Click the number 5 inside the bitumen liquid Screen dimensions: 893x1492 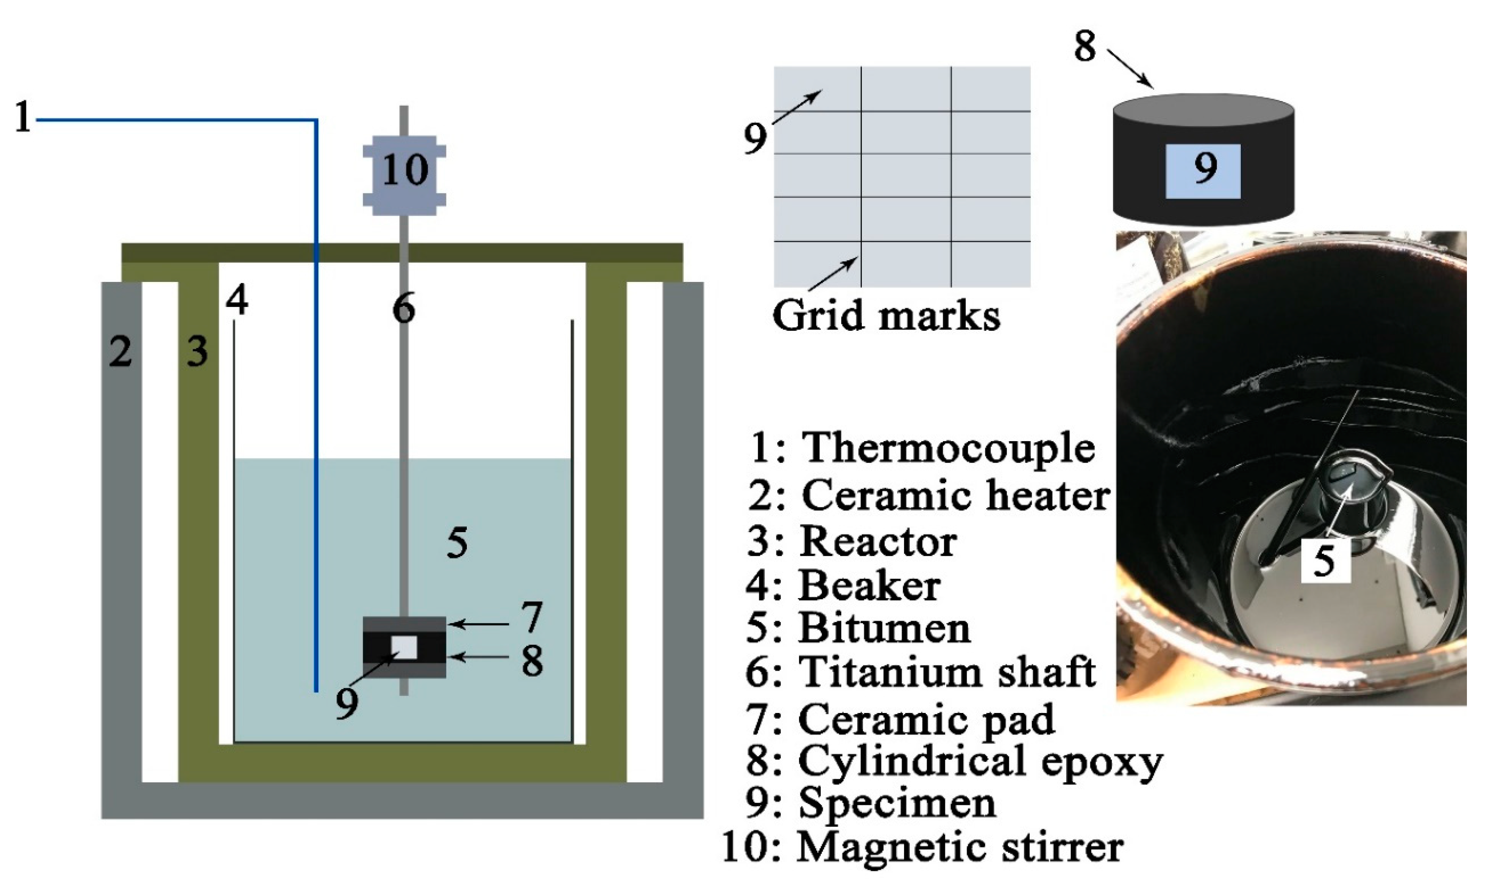pyautogui.click(x=457, y=543)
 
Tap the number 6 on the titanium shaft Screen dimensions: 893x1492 pyautogui.click(x=404, y=310)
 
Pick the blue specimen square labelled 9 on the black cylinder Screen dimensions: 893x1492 pyautogui.click(x=1203, y=171)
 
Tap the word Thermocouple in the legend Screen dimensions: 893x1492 pyautogui.click(x=948, y=448)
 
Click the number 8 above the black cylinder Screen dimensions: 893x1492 pyautogui.click(x=1085, y=47)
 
